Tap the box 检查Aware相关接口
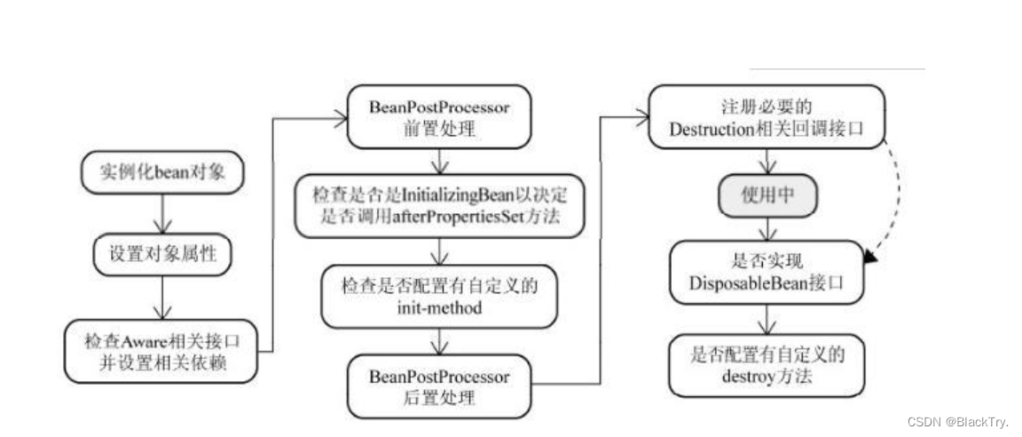pyautogui.click(x=163, y=351)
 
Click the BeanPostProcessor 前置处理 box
pyautogui.click(x=438, y=116)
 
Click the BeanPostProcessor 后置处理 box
pyautogui.click(x=438, y=386)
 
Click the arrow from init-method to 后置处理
pyautogui.click(x=438, y=342)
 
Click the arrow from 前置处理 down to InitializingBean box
pyautogui.click(x=438, y=162)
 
